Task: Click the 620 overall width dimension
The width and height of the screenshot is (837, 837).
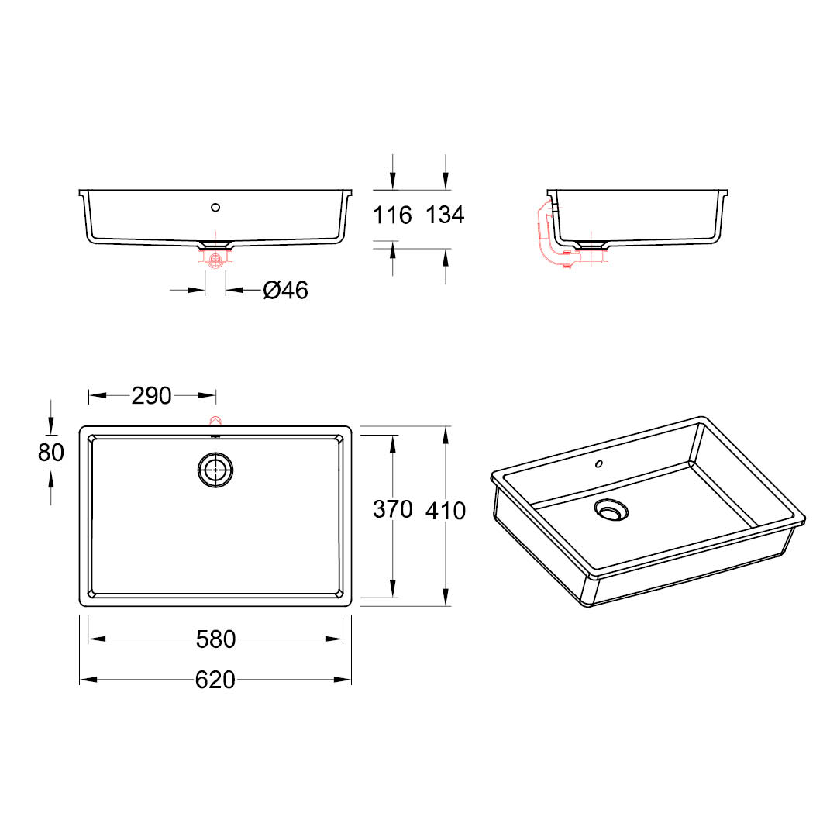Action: [215, 680]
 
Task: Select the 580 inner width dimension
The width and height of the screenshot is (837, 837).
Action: [215, 639]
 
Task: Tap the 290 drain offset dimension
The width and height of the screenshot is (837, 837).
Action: [152, 396]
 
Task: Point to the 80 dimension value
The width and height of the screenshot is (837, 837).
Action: [51, 453]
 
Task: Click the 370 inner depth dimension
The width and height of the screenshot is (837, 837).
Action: [393, 509]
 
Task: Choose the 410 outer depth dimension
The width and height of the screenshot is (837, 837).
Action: [446, 511]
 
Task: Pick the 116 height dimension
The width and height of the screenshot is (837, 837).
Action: [392, 215]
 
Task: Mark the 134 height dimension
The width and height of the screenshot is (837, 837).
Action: [445, 215]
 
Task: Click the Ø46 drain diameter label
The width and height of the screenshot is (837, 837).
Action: [285, 291]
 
